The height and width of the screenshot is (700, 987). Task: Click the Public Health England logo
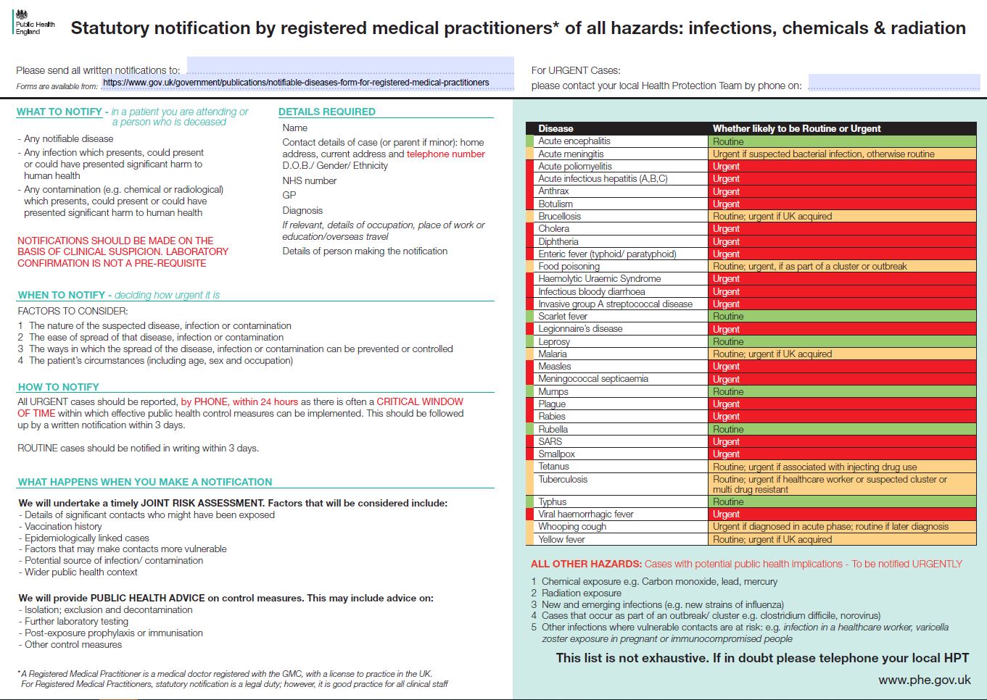34,22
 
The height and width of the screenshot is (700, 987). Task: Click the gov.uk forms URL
296,83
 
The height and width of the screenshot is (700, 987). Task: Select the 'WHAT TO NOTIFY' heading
59,112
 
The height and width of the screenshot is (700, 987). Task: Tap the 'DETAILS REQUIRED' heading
326,112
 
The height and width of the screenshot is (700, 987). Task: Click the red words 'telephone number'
445,154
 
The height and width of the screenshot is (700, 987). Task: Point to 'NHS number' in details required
310,180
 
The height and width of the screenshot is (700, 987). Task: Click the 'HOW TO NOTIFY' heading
58,387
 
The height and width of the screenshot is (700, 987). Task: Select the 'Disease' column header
556,128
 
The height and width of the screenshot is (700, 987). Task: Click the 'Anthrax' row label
553,191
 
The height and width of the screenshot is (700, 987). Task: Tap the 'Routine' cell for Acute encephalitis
842,141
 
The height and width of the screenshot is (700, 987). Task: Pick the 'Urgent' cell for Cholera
842,229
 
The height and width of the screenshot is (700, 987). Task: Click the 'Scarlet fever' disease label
563,316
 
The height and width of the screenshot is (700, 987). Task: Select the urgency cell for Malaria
842,354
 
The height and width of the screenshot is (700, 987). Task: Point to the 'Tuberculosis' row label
563,479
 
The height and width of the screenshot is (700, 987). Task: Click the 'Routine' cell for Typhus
842,502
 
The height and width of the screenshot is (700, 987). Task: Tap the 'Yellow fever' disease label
561,539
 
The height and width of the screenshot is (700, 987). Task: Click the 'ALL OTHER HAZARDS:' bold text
586,564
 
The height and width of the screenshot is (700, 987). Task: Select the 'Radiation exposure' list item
581,593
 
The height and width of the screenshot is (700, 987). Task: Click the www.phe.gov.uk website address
925,680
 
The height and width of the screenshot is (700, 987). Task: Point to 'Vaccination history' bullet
63,527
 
